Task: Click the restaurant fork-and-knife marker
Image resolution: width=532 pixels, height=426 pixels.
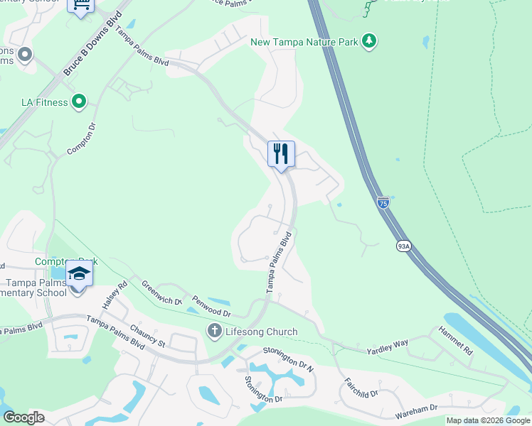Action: click(282, 153)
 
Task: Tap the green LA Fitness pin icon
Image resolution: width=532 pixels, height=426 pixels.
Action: click(79, 103)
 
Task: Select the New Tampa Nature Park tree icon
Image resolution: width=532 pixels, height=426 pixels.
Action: click(368, 42)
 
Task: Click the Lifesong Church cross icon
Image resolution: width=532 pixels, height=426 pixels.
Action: click(214, 332)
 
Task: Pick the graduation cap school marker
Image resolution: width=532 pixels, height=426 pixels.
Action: click(79, 273)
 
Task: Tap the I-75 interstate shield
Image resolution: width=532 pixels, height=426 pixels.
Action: click(383, 203)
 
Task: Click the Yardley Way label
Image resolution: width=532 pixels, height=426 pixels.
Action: click(387, 347)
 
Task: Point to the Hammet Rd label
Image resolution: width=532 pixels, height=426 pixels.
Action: click(455, 342)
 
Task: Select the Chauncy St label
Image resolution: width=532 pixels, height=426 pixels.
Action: click(147, 337)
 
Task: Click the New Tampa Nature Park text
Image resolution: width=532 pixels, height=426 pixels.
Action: click(304, 42)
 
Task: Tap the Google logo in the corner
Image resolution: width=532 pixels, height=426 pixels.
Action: click(24, 417)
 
